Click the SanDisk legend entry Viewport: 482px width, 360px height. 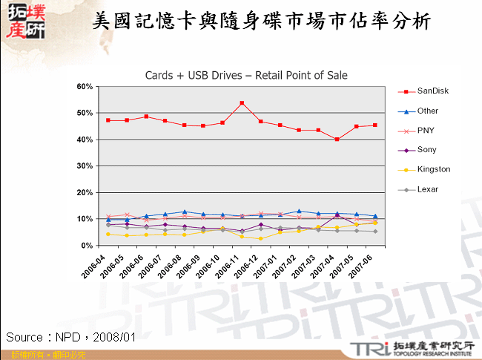pyautogui.click(x=433, y=91)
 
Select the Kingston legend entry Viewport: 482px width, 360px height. pyautogui.click(x=434, y=169)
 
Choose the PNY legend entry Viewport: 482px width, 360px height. pyautogui.click(x=426, y=131)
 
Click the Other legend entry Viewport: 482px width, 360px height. pyautogui.click(x=428, y=111)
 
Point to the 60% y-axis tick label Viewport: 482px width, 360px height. pyautogui.click(x=84, y=87)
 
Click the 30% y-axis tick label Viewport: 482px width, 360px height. pyautogui.click(x=84, y=166)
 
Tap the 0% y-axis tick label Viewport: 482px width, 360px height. pyautogui.click(x=86, y=246)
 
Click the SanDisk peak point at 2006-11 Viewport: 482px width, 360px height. pyautogui.click(x=242, y=103)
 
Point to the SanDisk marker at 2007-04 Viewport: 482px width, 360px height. pyautogui.click(x=337, y=140)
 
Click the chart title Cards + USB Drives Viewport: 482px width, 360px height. pyautogui.click(x=246, y=75)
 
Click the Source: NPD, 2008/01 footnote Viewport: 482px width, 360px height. pyautogui.click(x=71, y=337)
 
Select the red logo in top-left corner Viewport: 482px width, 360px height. pyautogui.click(x=24, y=21)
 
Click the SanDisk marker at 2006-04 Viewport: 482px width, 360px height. pyautogui.click(x=108, y=120)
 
